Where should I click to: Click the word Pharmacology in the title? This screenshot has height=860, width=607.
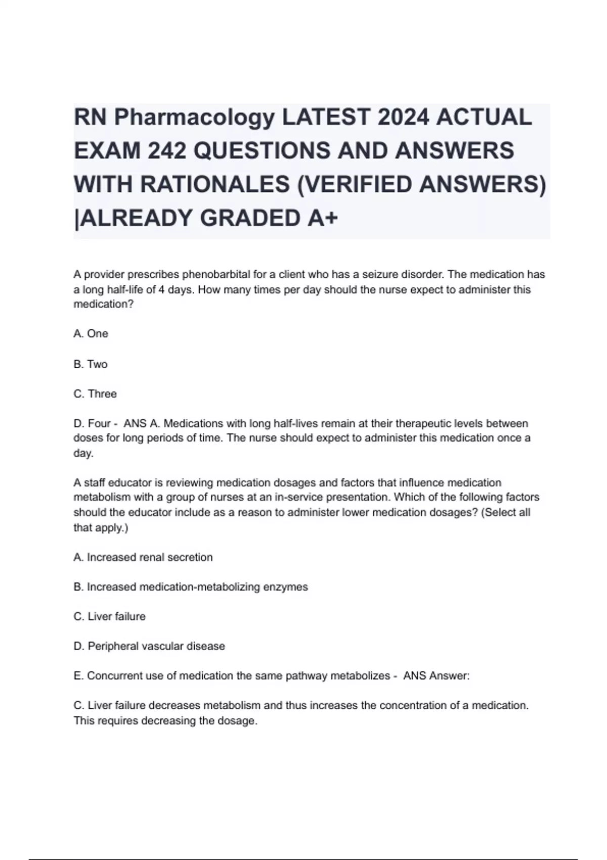(194, 117)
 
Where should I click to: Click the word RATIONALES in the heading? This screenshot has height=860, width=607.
(214, 184)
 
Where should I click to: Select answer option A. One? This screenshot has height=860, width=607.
(91, 334)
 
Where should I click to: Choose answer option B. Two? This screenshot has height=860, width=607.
(91, 364)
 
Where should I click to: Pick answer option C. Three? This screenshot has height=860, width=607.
(95, 394)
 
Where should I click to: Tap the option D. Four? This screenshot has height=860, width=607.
(92, 423)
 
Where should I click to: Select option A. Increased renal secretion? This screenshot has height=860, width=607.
(143, 557)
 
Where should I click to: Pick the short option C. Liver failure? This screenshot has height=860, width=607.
(110, 617)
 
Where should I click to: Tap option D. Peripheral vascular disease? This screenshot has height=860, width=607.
(149, 647)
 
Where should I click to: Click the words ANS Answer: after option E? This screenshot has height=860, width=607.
(436, 676)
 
